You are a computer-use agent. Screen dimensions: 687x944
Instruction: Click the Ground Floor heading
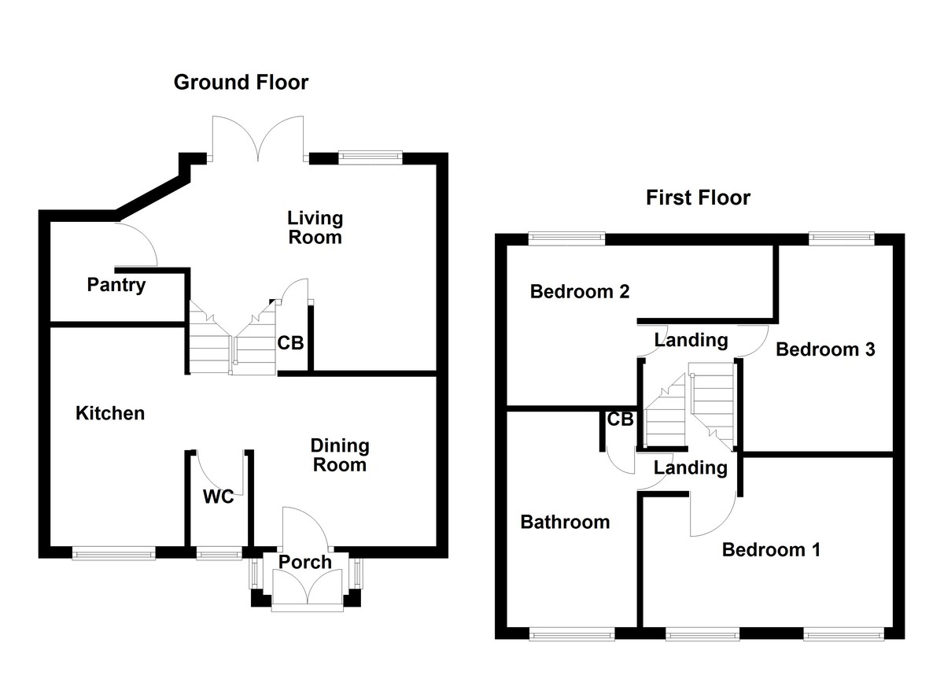point(241,82)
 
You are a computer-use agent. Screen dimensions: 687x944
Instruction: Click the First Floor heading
point(698,197)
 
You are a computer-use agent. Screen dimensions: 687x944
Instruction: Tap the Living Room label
point(315,227)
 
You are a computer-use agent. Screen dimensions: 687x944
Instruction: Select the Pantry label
point(116,284)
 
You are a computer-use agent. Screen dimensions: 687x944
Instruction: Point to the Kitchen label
point(110,412)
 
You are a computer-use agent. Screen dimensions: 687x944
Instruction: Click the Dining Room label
point(340,455)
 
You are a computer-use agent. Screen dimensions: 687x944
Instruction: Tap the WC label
point(218,497)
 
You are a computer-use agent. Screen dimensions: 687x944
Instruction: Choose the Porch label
point(306,562)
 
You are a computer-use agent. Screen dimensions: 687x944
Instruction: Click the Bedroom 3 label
point(824,349)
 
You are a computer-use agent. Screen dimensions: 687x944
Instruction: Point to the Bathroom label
point(565,521)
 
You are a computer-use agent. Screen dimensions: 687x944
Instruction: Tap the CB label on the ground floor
point(290,343)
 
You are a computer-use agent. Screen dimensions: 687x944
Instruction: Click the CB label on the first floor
point(620,419)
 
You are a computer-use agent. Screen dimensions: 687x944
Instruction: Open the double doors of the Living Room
point(258,139)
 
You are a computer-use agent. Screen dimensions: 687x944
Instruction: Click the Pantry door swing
point(139,243)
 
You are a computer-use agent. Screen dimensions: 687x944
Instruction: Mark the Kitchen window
point(114,554)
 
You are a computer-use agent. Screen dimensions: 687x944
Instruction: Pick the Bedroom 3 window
point(842,236)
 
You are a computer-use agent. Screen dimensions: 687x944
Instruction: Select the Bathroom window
point(571,633)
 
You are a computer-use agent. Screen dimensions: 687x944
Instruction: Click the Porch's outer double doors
point(308,592)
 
